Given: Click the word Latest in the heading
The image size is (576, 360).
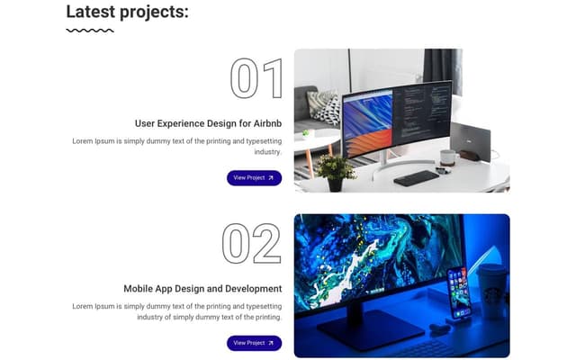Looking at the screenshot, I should coord(93,12).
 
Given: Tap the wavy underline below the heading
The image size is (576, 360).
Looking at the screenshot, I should coord(90,31).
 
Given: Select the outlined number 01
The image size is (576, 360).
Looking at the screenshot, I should coord(256,78).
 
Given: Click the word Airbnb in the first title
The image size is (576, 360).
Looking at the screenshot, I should coord(261,123).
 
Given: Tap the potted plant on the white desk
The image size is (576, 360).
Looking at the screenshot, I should coord(335,171).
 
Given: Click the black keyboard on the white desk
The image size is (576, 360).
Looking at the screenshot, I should coord(416,177).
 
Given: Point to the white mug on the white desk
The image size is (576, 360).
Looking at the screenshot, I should coord(447,157).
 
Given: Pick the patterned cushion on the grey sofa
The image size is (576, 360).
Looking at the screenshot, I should coord(326,109).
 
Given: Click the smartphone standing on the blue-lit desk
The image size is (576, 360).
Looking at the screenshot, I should coord(459,292).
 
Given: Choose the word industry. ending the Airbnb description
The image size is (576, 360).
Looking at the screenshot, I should coord(267,152).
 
